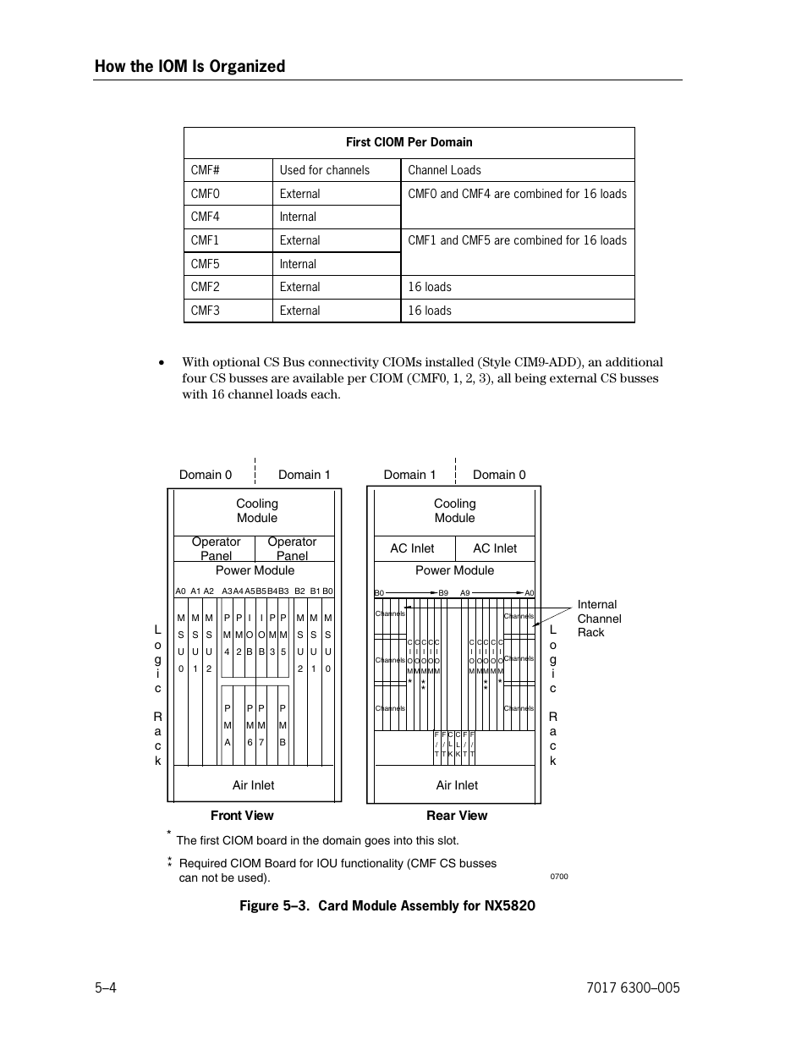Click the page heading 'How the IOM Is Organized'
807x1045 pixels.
[x=189, y=66]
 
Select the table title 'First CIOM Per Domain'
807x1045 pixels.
[x=409, y=142]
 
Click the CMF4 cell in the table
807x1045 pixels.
[x=206, y=217]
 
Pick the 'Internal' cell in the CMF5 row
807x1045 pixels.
[x=298, y=264]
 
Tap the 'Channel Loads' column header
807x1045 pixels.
[x=444, y=170]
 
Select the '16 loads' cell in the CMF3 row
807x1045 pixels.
[x=430, y=311]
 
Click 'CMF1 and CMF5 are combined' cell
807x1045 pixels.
[x=517, y=240]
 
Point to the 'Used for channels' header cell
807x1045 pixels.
[x=325, y=170]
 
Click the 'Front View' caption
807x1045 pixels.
[x=242, y=816]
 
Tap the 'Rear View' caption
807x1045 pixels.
[x=457, y=816]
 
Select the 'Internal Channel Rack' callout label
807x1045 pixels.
[x=599, y=619]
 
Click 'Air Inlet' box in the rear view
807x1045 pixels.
[x=457, y=785]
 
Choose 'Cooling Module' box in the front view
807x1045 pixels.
[x=257, y=511]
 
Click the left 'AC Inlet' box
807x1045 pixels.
[x=412, y=548]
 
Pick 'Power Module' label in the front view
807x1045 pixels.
[x=255, y=570]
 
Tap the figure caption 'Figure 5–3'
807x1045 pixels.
[x=387, y=905]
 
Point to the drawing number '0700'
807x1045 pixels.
[x=559, y=877]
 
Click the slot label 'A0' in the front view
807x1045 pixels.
[x=180, y=591]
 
